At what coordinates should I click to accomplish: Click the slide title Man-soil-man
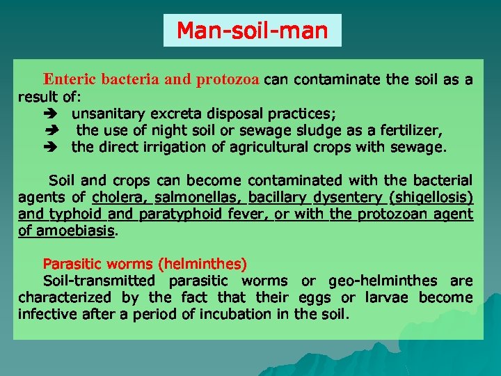click(252, 31)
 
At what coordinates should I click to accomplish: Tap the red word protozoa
click(228, 79)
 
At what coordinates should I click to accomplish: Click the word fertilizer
click(415, 130)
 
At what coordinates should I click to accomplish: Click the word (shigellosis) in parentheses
click(431, 197)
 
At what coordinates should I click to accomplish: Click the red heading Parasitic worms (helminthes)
click(145, 264)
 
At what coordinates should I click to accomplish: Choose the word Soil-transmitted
click(99, 281)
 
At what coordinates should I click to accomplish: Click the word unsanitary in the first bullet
click(108, 113)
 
